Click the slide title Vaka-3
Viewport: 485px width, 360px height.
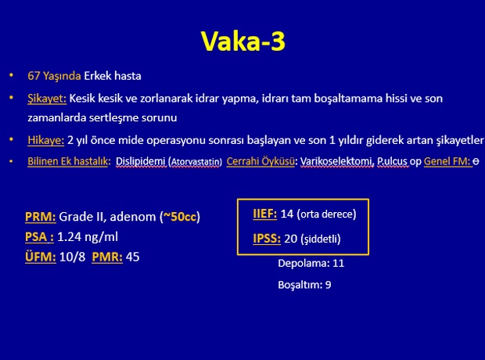(x=242, y=41)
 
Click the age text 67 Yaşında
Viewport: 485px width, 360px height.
(x=54, y=76)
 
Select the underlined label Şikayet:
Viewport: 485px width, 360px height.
(x=47, y=99)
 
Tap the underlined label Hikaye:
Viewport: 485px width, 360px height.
(x=46, y=140)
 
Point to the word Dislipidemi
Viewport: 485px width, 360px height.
(x=141, y=161)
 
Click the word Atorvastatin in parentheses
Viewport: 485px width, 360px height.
(x=196, y=162)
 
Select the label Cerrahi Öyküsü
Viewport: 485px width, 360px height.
(x=260, y=161)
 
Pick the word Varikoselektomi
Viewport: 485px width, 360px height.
(x=337, y=161)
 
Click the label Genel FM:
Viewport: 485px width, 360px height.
(x=447, y=161)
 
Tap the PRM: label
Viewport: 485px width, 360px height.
(x=41, y=217)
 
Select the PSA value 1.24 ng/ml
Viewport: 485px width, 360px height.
(x=88, y=237)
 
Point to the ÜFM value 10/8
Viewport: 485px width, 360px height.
(x=72, y=257)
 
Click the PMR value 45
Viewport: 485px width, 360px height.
(x=133, y=257)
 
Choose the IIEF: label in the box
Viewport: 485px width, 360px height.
(x=264, y=214)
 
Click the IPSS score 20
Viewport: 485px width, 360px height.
(x=290, y=239)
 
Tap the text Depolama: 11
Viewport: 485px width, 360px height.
(x=311, y=264)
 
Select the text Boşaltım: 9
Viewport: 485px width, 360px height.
(x=304, y=285)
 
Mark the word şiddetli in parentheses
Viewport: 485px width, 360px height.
(x=321, y=239)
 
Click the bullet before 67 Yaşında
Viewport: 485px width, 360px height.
(x=12, y=75)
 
